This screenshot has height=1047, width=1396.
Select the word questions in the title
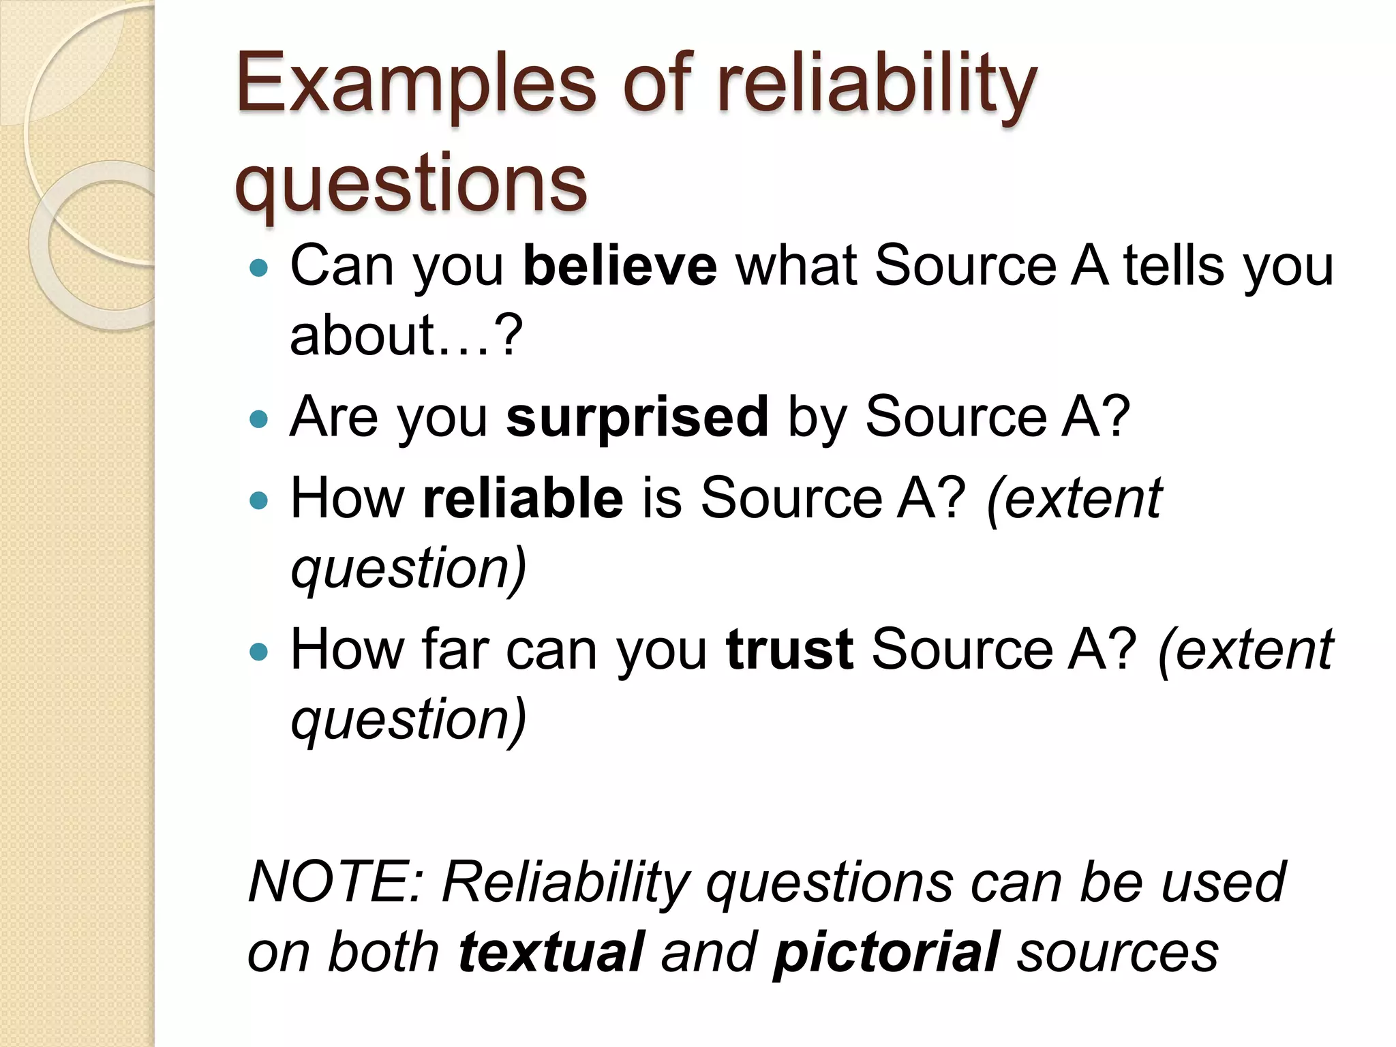(x=410, y=183)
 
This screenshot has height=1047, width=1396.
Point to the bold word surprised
(x=637, y=416)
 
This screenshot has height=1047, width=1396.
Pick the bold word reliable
(x=522, y=498)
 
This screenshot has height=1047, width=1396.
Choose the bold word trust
(x=789, y=650)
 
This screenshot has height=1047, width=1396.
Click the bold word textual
(x=551, y=952)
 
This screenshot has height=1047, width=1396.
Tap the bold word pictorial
(x=886, y=952)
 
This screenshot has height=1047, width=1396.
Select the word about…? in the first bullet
(x=406, y=335)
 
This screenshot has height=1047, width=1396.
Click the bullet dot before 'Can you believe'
(x=260, y=267)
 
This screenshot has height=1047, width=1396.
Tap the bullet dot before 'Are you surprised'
(x=260, y=418)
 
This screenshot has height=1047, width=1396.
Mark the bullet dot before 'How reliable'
(x=260, y=501)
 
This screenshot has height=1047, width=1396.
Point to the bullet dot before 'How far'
(x=260, y=652)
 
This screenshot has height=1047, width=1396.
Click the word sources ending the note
(x=1117, y=952)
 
